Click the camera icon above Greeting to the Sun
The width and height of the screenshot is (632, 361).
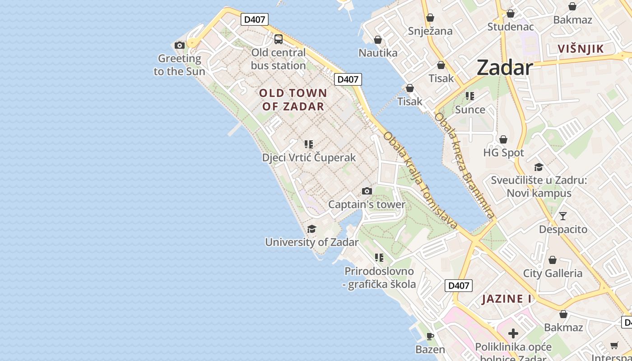point(180,45)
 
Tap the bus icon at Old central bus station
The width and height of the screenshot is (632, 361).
point(279,39)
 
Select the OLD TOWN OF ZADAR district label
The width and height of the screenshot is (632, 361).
point(293,100)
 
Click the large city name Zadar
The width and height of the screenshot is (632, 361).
point(505,68)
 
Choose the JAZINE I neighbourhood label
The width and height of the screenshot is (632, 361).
point(507,299)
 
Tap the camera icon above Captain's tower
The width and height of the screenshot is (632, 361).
point(367,191)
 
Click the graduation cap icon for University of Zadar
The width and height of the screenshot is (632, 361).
point(311,229)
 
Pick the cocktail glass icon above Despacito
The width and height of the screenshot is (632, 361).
point(563,216)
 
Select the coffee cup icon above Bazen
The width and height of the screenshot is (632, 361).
point(430,336)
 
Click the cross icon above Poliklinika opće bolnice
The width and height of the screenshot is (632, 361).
point(513,334)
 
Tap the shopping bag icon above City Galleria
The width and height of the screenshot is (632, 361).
point(553,260)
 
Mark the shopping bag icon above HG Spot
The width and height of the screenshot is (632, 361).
point(503,140)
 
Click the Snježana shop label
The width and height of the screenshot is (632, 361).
point(430,31)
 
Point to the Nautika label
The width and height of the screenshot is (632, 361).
point(378,53)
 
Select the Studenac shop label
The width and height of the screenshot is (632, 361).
point(511,27)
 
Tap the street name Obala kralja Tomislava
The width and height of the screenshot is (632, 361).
point(421,180)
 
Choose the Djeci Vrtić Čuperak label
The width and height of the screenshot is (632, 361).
point(309,157)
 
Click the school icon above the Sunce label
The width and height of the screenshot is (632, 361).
point(470,96)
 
